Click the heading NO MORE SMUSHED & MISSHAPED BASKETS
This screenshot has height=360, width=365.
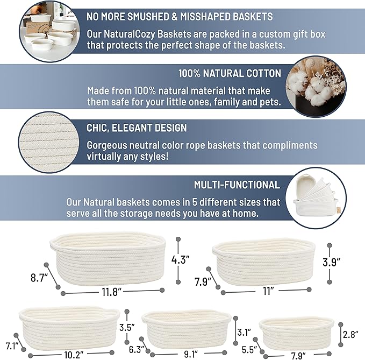pyautogui.click(x=180, y=17)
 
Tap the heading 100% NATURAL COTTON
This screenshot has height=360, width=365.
pyautogui.click(x=230, y=73)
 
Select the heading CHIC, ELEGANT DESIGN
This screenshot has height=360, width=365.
pyautogui.click(x=137, y=128)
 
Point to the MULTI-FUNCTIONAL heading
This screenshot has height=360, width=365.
pyautogui.click(x=237, y=185)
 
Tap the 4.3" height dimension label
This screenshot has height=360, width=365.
pyautogui.click(x=181, y=259)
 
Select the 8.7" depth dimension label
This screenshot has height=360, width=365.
pyautogui.click(x=39, y=278)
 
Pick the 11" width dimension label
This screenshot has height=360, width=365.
pyautogui.click(x=268, y=291)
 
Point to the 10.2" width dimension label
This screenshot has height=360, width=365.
pyautogui.click(x=74, y=354)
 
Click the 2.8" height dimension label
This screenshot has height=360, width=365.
pyautogui.click(x=350, y=334)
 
